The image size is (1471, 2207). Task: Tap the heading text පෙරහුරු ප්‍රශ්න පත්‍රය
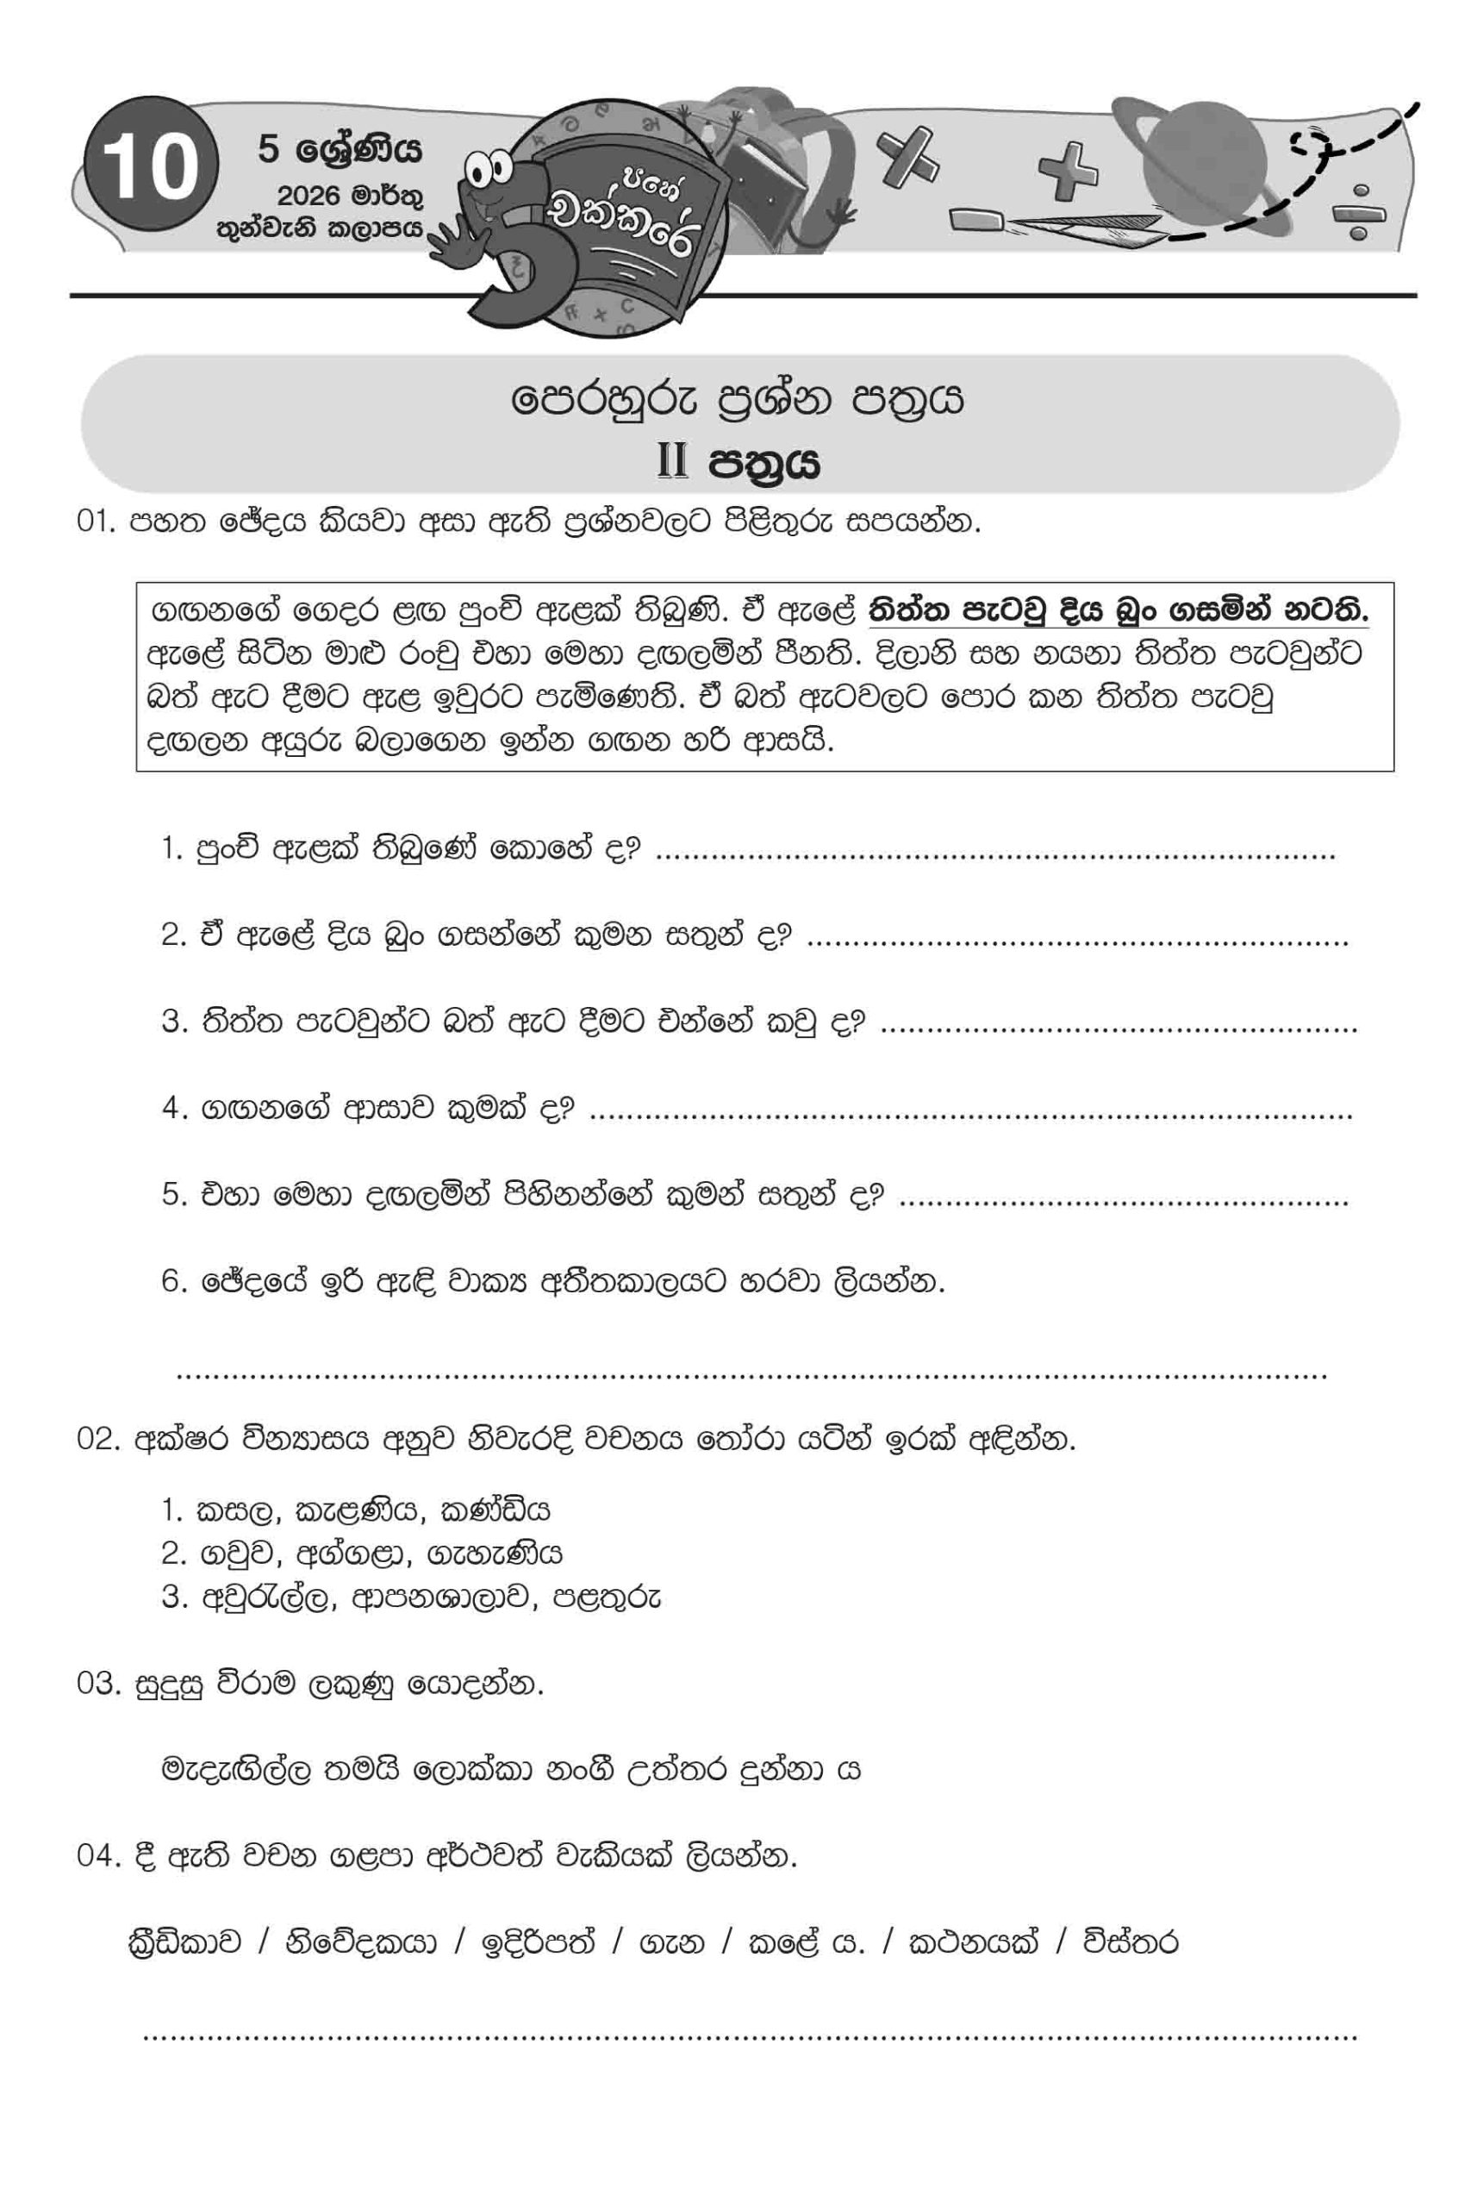click(x=738, y=401)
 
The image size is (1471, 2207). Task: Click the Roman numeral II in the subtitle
click(x=673, y=462)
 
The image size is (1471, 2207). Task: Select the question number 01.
click(x=96, y=522)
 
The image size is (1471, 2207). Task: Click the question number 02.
click(x=96, y=1441)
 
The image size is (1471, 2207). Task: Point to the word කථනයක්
click(x=973, y=1941)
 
